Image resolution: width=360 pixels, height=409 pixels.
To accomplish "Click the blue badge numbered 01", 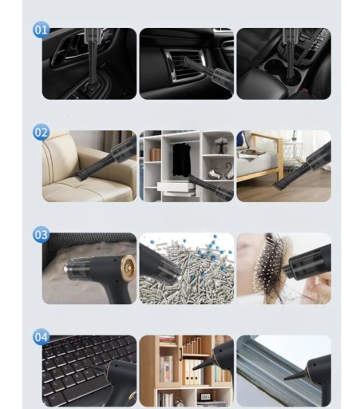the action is (41, 30).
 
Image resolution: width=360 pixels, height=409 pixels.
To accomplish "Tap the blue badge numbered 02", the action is (41, 132).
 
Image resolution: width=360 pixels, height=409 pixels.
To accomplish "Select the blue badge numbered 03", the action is (41, 234).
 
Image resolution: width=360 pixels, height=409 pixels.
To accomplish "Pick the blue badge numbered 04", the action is (41, 337).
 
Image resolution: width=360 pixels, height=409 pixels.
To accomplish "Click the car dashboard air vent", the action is (184, 66).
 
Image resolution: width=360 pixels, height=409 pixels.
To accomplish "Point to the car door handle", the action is (69, 50).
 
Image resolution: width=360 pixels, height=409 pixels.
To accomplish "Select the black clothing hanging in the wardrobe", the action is (181, 159).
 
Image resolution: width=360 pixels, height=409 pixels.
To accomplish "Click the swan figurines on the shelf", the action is (222, 172).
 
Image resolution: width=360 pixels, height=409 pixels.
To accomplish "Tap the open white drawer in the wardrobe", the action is (176, 186).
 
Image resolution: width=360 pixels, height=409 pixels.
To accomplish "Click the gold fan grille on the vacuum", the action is (129, 268).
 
